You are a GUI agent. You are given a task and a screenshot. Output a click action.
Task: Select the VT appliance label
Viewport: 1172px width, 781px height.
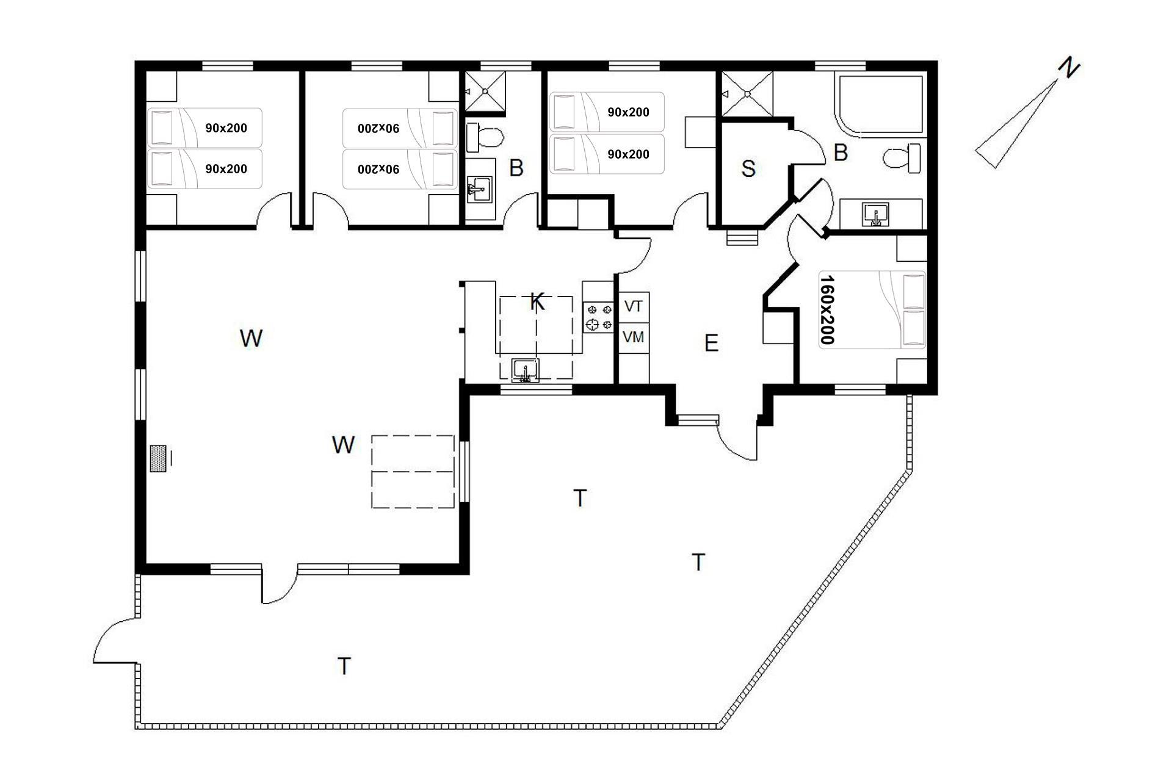click(x=634, y=306)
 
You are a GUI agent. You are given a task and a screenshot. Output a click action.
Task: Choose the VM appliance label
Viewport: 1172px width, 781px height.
click(x=634, y=336)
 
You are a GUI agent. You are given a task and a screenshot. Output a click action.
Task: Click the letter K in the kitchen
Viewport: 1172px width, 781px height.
click(x=537, y=301)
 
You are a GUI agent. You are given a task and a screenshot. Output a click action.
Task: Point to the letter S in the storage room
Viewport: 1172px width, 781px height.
click(x=748, y=168)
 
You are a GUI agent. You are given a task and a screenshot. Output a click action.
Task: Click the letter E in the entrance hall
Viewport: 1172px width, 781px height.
click(x=711, y=344)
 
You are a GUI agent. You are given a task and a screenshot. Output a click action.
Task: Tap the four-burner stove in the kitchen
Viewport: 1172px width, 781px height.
click(x=598, y=317)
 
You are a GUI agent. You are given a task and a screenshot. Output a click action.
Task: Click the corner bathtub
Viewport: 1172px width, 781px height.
click(x=882, y=105)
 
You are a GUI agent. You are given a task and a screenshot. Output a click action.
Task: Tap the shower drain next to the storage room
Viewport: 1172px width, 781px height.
click(x=747, y=94)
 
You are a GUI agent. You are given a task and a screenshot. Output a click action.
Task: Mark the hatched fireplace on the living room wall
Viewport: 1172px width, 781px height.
click(x=159, y=458)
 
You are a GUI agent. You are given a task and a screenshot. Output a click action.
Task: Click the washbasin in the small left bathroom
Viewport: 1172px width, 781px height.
click(x=480, y=189)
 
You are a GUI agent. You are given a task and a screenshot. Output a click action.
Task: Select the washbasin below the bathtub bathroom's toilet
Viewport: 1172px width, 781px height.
click(x=876, y=215)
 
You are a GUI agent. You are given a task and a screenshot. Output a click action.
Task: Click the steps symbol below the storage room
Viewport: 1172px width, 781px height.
click(x=742, y=237)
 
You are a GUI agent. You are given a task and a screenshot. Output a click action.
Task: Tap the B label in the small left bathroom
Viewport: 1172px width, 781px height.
click(x=516, y=168)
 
